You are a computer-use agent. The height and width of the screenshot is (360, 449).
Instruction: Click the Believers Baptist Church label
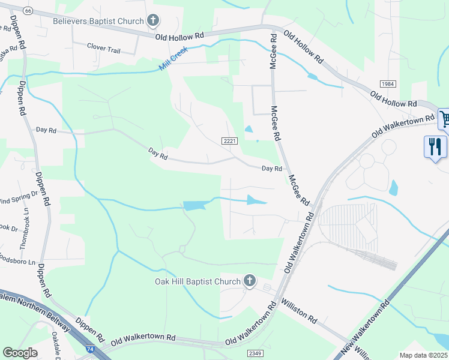[98, 22]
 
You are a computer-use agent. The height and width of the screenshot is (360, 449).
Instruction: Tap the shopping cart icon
[445, 119]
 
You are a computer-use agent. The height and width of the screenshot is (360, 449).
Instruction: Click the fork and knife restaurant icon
[435, 146]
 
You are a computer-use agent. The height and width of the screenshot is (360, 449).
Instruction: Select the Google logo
[20, 353]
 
